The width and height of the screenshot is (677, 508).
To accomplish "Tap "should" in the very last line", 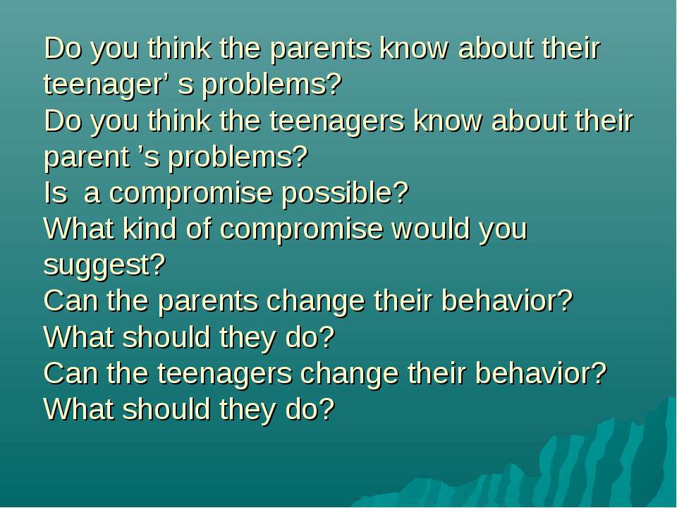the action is [x=166, y=409].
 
